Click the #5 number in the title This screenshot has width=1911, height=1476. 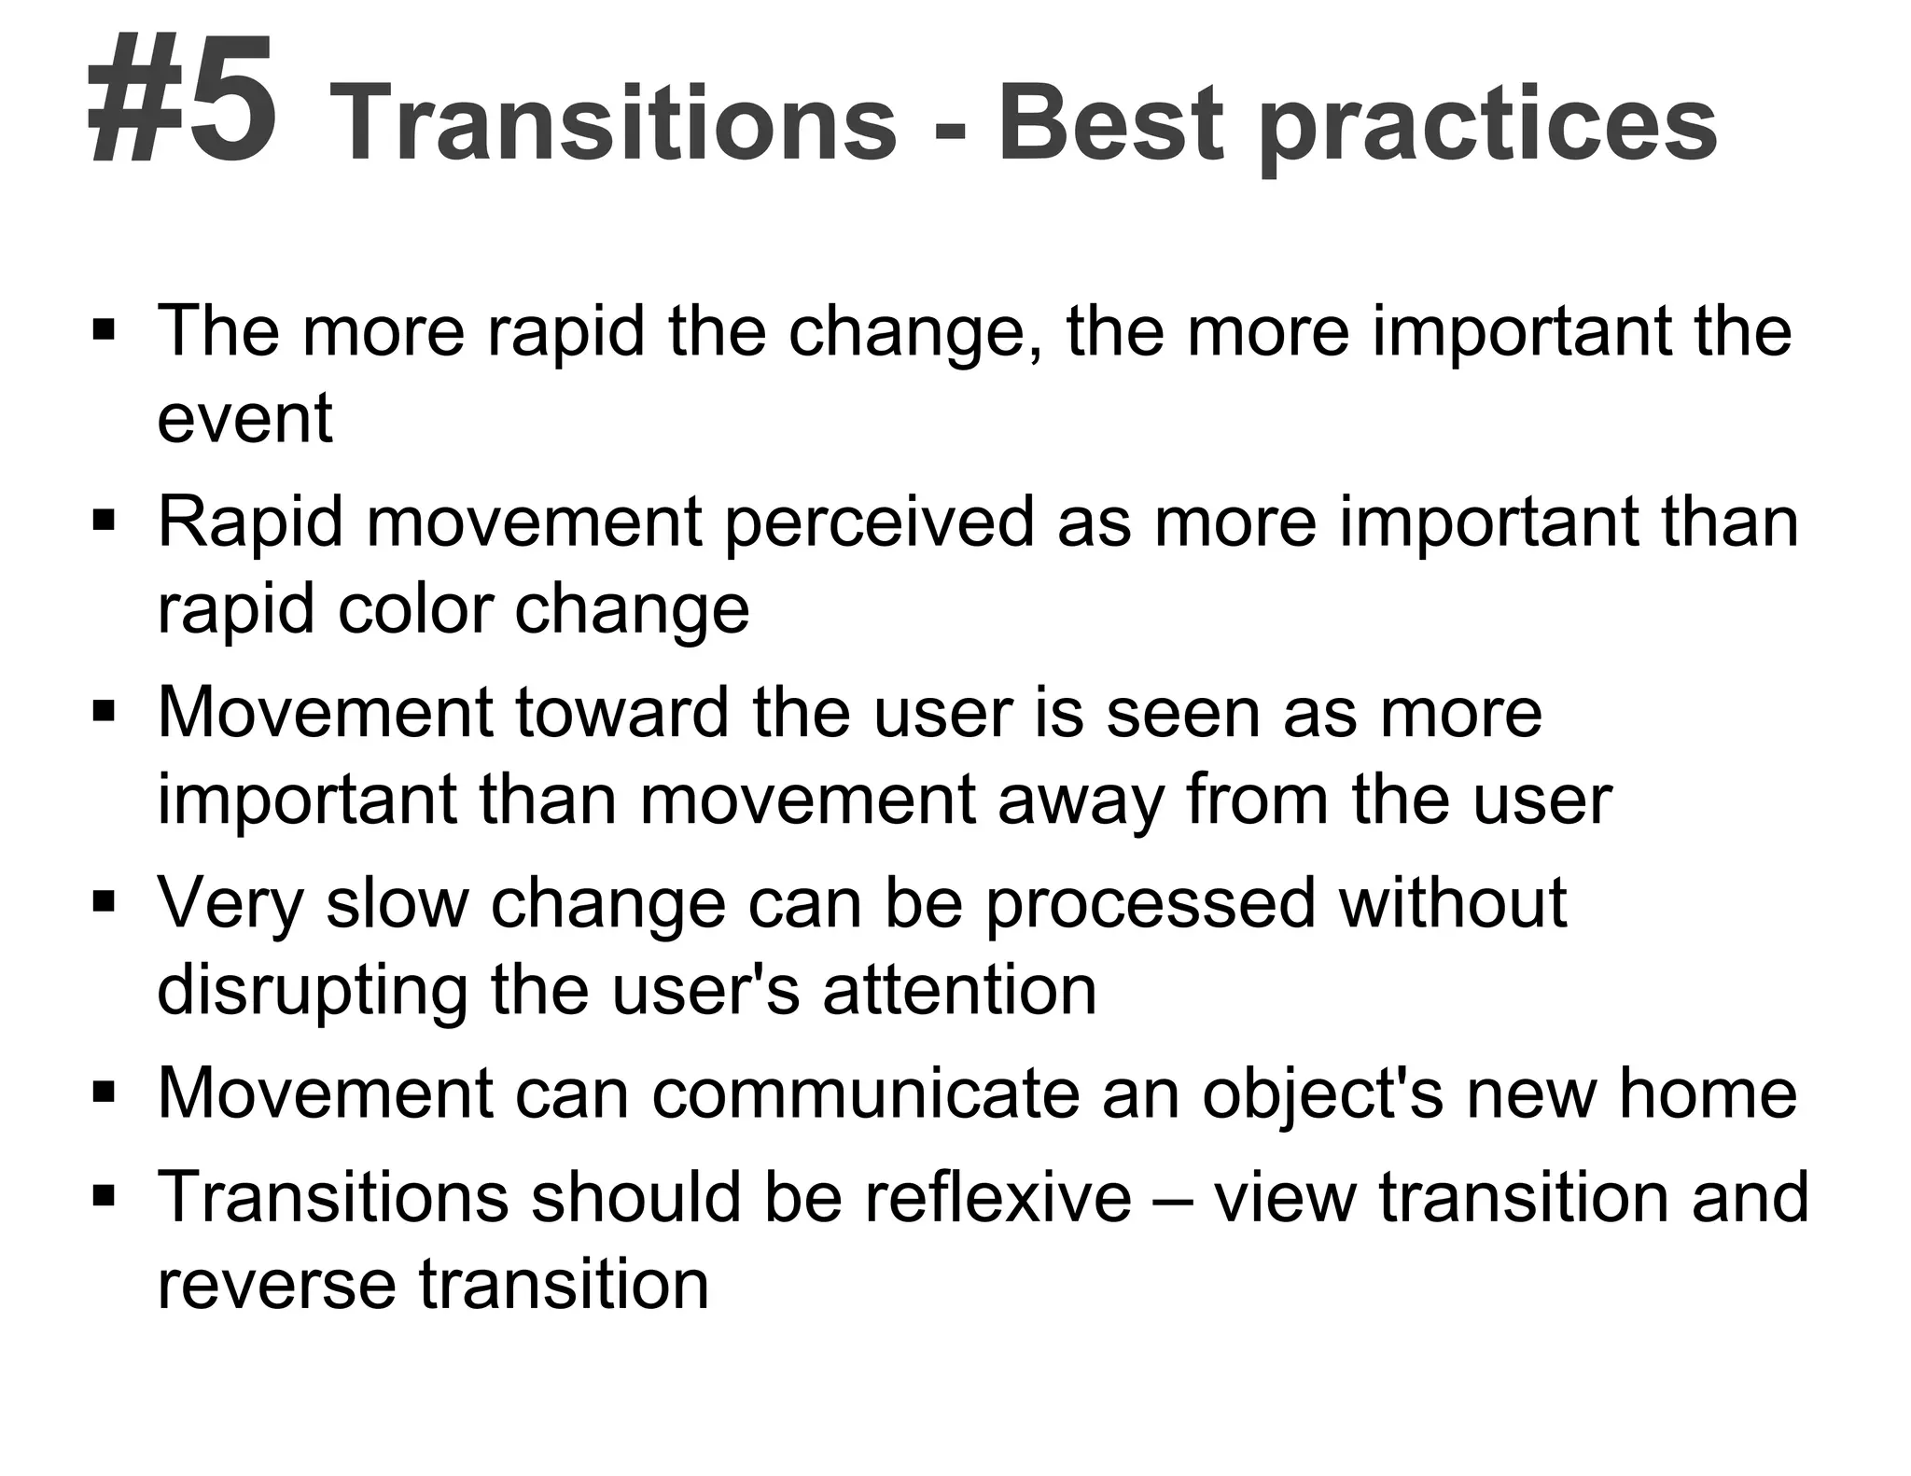click(x=183, y=101)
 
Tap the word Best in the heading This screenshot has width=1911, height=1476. click(x=1110, y=124)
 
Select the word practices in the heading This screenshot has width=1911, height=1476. click(x=1488, y=126)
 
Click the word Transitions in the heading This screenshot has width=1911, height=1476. click(x=612, y=124)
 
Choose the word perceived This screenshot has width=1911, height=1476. click(x=879, y=523)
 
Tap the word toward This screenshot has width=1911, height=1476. click(x=621, y=713)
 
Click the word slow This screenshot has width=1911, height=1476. click(x=398, y=902)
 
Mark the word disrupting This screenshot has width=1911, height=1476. click(x=313, y=991)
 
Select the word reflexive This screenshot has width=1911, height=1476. click(x=997, y=1196)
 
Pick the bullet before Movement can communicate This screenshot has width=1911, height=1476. click(x=104, y=1093)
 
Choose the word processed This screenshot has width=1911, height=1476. click(x=1150, y=904)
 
